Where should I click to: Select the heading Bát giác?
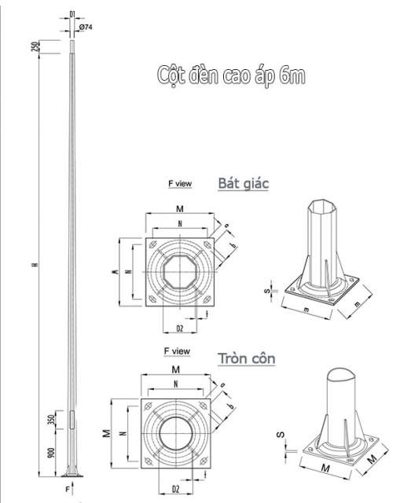pyautogui.click(x=243, y=183)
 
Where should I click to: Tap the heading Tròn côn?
pyautogui.click(x=251, y=359)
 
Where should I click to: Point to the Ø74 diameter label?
pyautogui.click(x=86, y=28)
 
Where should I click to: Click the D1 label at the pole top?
pyautogui.click(x=72, y=14)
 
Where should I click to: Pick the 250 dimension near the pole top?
pyautogui.click(x=57, y=46)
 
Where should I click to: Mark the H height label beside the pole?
pyautogui.click(x=35, y=263)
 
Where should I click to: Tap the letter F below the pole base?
pyautogui.click(x=68, y=490)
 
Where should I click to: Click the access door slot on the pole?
pyautogui.click(x=73, y=420)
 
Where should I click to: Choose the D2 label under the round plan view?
pyautogui.click(x=179, y=489)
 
